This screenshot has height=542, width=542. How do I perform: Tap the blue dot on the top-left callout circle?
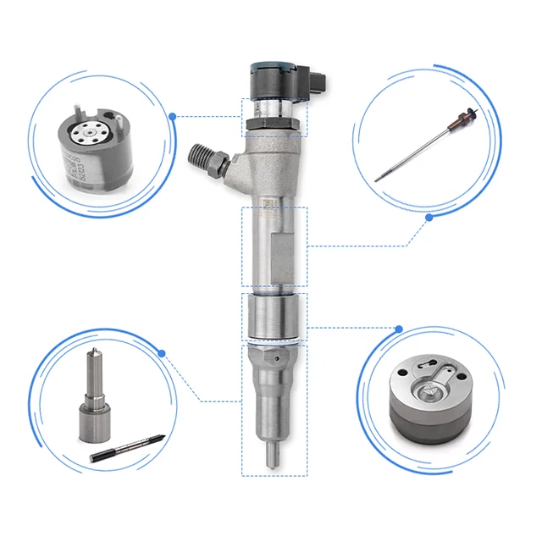pos(173,115)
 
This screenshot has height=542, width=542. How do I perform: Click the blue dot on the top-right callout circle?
pos(429,217)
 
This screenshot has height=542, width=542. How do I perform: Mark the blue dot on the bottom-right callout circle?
pos(399,325)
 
